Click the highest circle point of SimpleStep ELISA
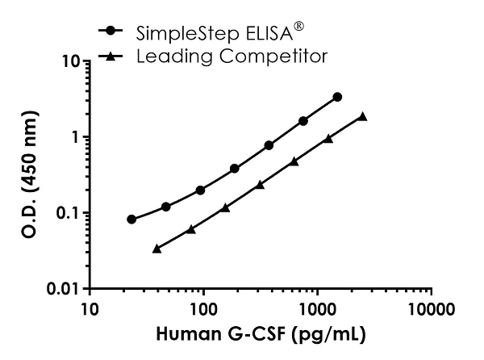click(x=337, y=97)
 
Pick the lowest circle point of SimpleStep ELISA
click(x=131, y=219)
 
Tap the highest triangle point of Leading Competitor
click(x=363, y=116)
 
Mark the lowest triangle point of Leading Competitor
click(x=156, y=248)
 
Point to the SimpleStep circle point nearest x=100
click(x=200, y=190)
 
